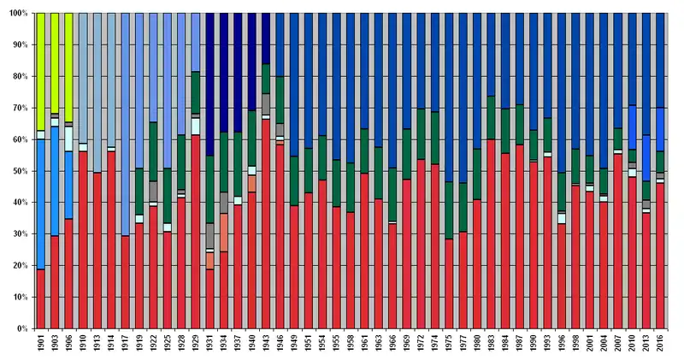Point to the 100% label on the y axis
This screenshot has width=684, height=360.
click(15, 14)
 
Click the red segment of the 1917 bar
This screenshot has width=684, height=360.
click(126, 282)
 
